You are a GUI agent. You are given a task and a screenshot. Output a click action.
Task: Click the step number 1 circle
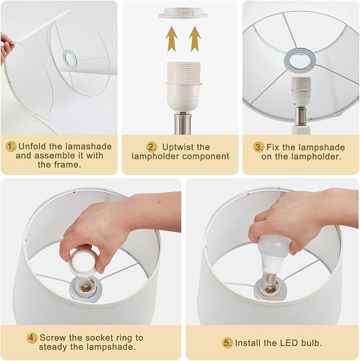click(11, 147)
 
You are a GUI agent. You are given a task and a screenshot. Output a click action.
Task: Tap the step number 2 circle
click(152, 147)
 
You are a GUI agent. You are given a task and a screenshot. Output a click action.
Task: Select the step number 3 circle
click(259, 147)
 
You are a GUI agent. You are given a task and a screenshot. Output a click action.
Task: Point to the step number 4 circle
click(32, 338)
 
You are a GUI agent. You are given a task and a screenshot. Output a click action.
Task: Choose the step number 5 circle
click(227, 343)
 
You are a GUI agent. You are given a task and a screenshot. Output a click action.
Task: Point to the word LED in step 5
click(286, 343)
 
